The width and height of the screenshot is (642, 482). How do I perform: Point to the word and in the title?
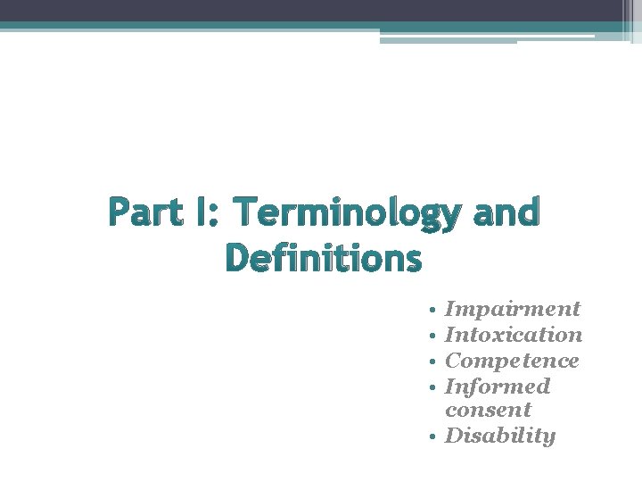click(507, 214)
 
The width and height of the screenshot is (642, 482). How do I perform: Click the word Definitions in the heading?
click(323, 259)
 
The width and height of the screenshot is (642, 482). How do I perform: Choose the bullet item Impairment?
click(513, 310)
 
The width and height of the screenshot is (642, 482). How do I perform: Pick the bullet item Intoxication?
click(514, 335)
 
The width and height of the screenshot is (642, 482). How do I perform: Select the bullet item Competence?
click(512, 361)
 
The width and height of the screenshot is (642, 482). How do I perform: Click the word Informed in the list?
click(498, 386)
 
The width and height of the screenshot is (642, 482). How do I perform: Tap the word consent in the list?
click(488, 411)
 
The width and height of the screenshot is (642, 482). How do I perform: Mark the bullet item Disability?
click(500, 436)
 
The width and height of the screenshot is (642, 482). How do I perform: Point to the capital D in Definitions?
click(237, 259)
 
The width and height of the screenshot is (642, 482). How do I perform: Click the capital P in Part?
click(119, 214)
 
